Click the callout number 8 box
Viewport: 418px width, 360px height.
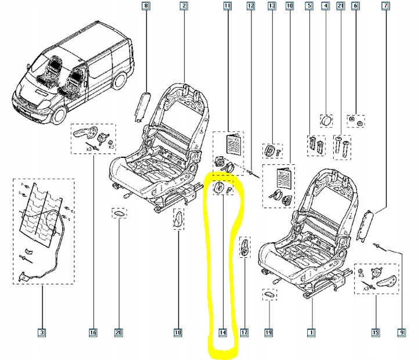pos(146,6)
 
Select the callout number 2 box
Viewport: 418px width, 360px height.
pos(183,6)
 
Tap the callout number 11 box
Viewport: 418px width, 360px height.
pos(227,6)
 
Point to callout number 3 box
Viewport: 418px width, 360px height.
pos(42,333)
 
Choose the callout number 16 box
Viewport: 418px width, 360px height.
pos(93,333)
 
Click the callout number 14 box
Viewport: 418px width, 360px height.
pos(222,333)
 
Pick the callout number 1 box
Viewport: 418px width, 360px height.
pos(311,333)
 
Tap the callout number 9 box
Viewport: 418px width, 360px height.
pos(401,333)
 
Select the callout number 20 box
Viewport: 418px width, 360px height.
pos(118,333)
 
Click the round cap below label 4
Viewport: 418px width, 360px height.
pos(326,121)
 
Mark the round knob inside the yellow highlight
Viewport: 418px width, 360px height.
pos(218,189)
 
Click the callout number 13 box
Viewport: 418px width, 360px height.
pos(271,6)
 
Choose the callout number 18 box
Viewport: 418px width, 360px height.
pos(178,333)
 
